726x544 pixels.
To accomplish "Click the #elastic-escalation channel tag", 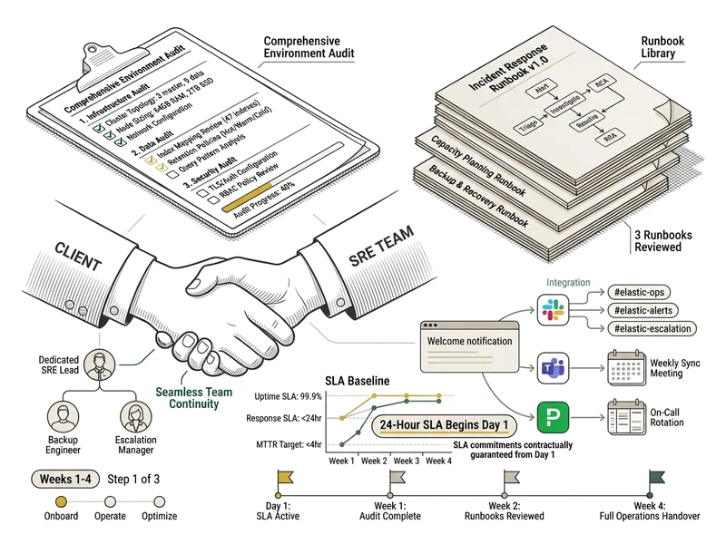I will tap(650, 328).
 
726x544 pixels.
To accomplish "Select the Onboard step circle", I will tap(62, 500).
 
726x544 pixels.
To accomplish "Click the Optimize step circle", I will tap(160, 500).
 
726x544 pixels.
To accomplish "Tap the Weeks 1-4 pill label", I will tap(64, 478).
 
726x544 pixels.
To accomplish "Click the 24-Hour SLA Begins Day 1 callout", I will tap(442, 425).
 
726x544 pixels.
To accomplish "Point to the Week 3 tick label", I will tap(407, 460).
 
